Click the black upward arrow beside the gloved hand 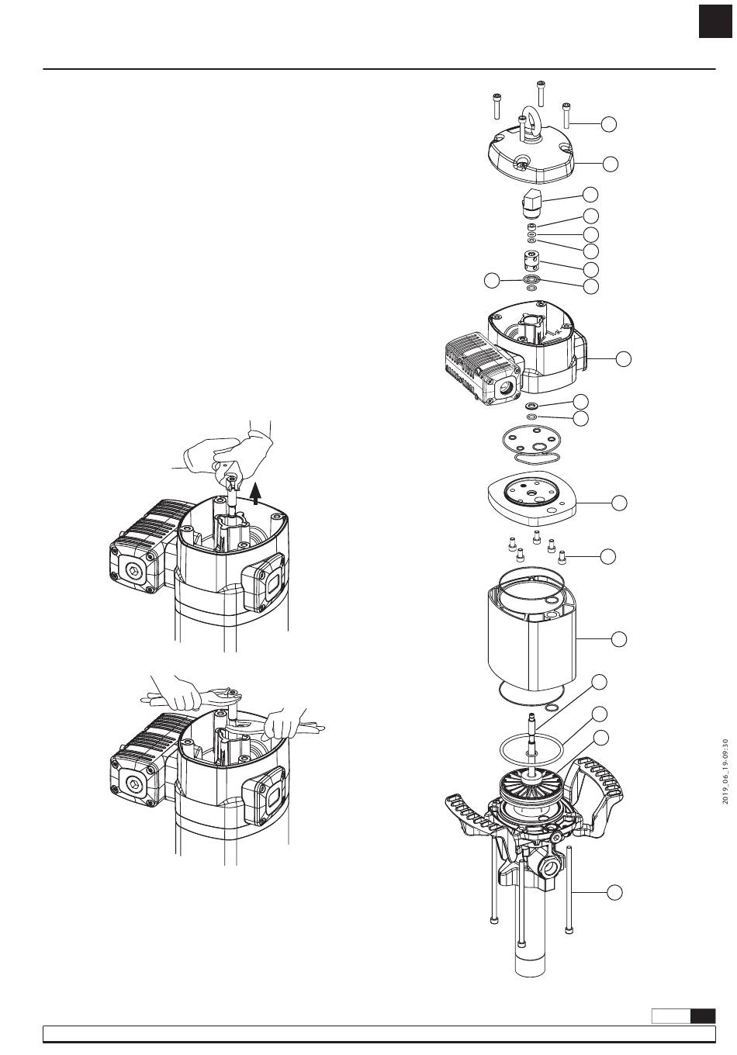coord(255,493)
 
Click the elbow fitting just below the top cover coord(531,203)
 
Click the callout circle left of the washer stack coord(492,281)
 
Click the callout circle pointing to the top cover coord(611,164)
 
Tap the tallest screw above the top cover coord(540,93)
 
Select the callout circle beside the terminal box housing coord(624,358)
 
